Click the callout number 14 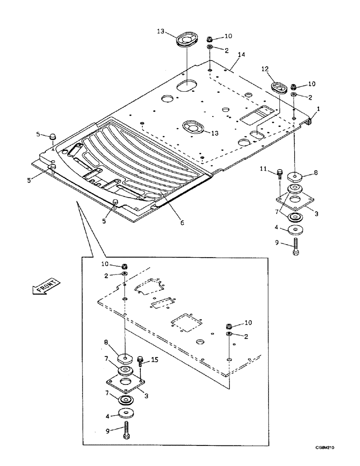click(241, 55)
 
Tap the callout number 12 click(265, 69)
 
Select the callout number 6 click(182, 223)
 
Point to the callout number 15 click(155, 360)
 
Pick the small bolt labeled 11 click(279, 174)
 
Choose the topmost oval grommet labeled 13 click(187, 39)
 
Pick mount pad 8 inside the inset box click(125, 359)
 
